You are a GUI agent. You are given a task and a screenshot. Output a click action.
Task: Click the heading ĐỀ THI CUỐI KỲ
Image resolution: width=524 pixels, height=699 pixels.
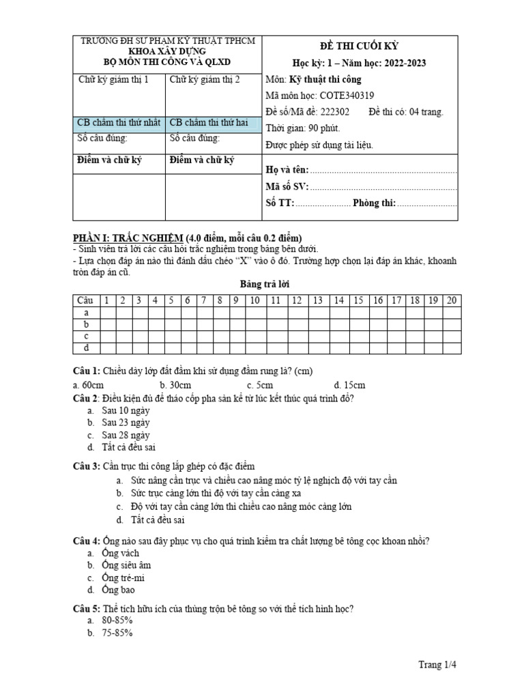(360, 46)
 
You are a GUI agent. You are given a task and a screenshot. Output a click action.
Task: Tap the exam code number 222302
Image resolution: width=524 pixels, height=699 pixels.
(333, 112)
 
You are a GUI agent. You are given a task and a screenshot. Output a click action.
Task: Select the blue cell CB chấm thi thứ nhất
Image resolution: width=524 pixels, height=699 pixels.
(119, 123)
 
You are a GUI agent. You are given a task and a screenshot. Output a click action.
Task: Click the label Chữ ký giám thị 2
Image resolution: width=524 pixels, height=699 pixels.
(205, 80)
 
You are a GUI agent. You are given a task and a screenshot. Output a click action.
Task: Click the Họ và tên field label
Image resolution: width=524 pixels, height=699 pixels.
(286, 170)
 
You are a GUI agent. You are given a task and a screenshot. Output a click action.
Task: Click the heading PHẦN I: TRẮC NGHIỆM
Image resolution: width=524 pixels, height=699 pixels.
(127, 238)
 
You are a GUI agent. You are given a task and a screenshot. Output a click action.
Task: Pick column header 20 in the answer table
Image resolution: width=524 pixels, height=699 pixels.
(451, 300)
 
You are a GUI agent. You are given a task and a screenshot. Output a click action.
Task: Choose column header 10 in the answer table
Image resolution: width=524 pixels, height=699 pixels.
(254, 300)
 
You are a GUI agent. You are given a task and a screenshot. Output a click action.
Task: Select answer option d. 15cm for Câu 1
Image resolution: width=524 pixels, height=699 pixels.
(349, 385)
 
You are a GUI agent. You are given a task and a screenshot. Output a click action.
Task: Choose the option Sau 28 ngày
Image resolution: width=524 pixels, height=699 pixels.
(125, 435)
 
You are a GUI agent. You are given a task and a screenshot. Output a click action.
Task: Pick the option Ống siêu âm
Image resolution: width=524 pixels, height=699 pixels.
(126, 565)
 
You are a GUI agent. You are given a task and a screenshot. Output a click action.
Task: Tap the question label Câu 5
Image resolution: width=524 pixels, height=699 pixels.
(87, 608)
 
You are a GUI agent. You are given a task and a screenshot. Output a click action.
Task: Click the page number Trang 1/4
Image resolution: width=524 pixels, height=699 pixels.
(437, 664)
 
